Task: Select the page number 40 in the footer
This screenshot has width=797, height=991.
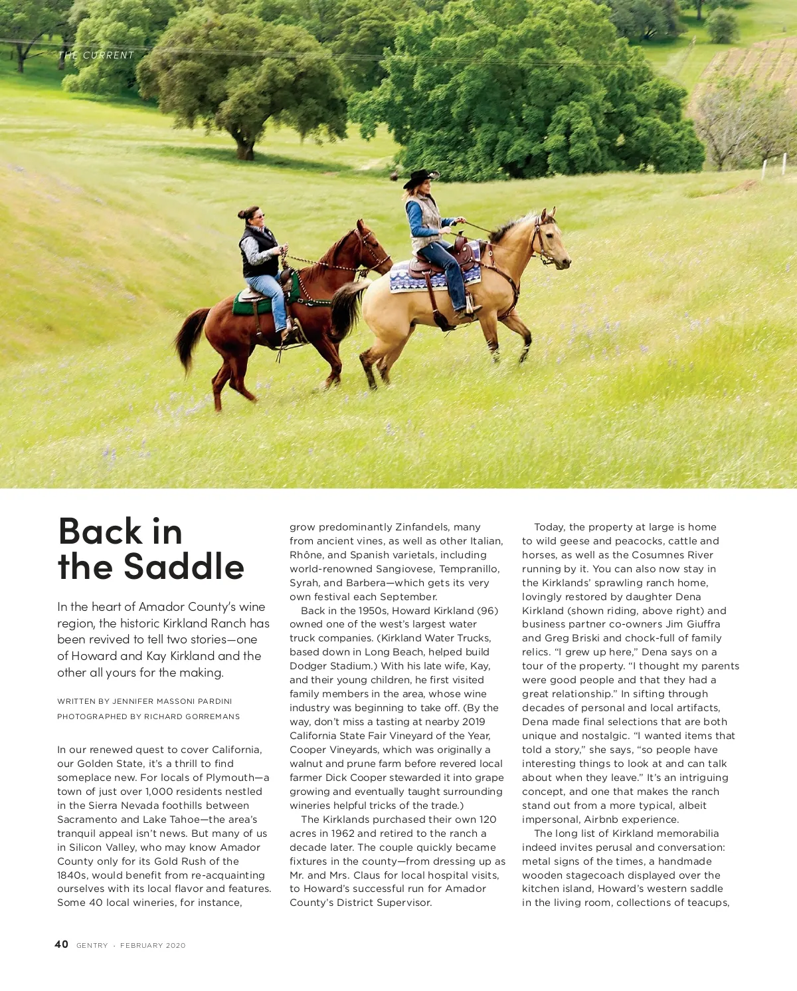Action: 61,944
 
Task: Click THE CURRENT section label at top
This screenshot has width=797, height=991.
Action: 96,55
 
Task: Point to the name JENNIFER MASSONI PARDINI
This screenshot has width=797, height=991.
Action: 172,701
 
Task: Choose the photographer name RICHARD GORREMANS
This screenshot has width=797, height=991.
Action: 192,716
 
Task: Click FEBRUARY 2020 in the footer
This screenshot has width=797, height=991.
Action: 153,945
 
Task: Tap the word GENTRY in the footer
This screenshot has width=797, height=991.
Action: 92,945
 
